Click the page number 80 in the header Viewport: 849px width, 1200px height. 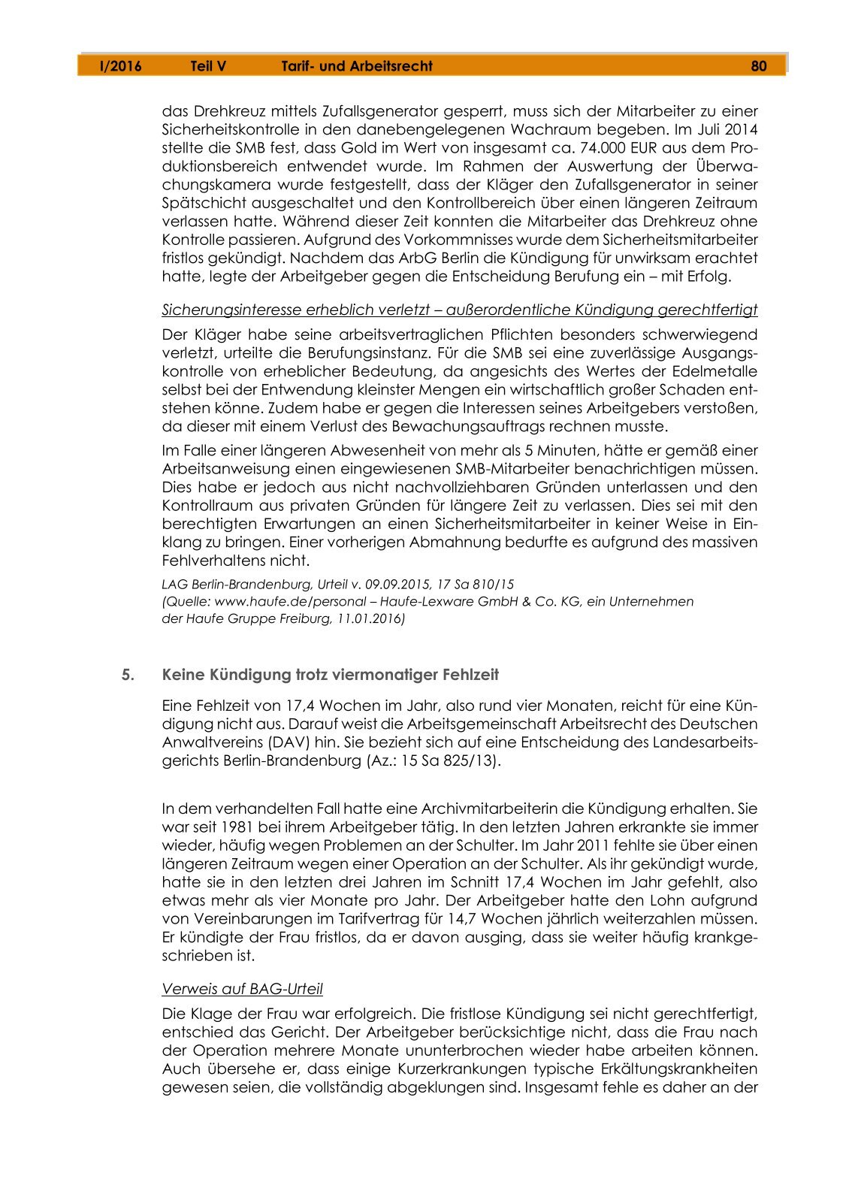(758, 66)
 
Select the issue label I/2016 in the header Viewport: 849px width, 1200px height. (120, 66)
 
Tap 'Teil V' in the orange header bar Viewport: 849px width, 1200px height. (208, 66)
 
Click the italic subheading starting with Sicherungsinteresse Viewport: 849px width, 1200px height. (459, 310)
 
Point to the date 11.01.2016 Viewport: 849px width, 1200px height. (368, 619)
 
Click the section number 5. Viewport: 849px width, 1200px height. (128, 675)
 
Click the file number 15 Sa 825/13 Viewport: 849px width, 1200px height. (450, 760)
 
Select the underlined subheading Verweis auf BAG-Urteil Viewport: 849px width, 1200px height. (242, 989)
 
